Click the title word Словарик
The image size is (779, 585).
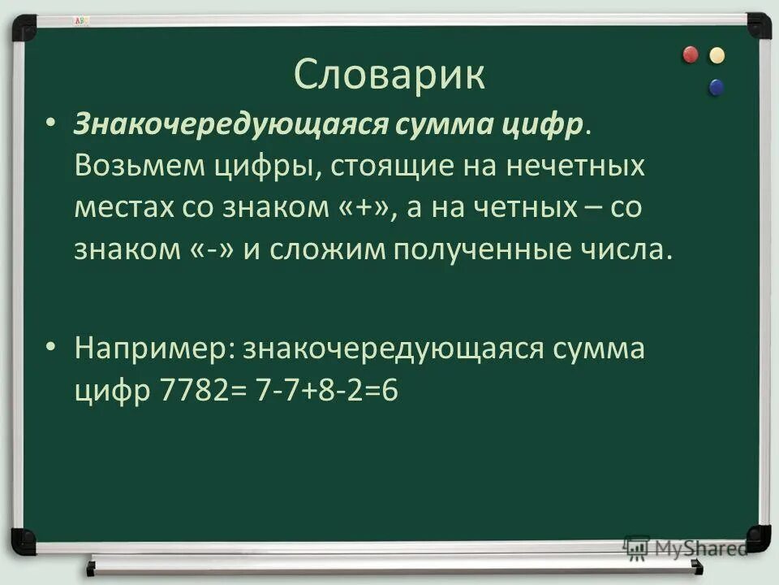[389, 75]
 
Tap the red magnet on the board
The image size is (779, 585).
[691, 54]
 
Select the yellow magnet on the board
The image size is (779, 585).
[717, 55]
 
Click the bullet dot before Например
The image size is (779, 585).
[52, 347]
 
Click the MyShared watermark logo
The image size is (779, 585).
[686, 547]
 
